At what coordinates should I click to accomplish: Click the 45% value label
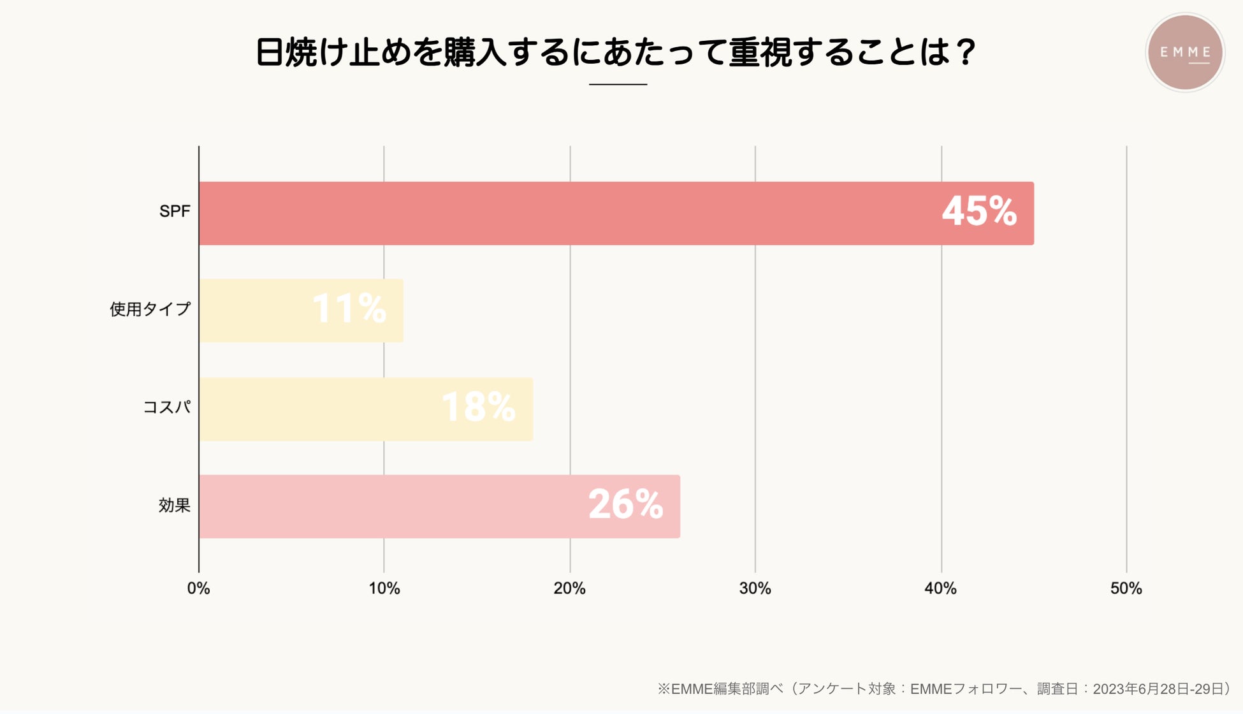[979, 212]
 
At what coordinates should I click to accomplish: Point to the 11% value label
[349, 309]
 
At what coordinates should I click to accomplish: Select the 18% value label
[478, 407]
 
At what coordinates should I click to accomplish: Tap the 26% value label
[625, 504]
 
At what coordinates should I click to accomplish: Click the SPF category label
[175, 212]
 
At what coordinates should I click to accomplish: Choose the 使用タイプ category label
[150, 309]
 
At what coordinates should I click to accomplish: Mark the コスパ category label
[166, 407]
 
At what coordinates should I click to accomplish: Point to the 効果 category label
[174, 506]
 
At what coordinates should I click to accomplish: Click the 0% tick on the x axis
[198, 588]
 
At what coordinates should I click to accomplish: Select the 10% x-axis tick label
[384, 588]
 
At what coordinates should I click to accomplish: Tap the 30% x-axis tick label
[755, 588]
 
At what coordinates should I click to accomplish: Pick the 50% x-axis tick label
[1126, 588]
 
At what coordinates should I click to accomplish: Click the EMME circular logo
[1185, 52]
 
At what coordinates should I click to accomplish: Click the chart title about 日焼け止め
[616, 52]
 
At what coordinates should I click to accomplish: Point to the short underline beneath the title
[618, 84]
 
